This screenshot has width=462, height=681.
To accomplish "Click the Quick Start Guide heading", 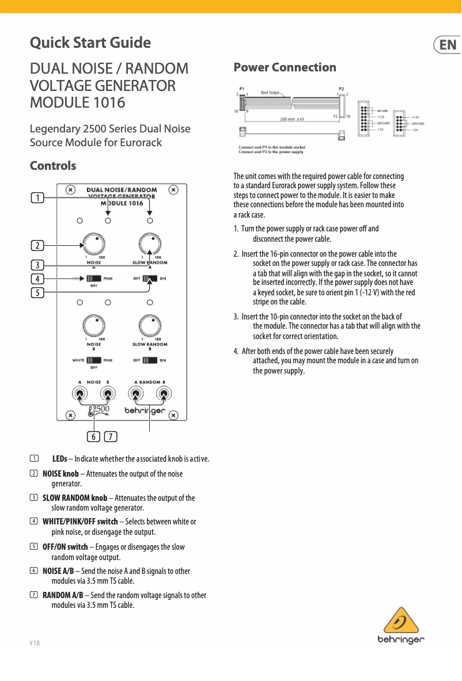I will (x=90, y=43).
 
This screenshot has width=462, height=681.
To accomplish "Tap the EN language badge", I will (x=447, y=45).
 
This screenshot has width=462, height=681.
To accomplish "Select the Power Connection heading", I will (x=285, y=67).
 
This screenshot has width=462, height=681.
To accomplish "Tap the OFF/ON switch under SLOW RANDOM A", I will (x=150, y=279).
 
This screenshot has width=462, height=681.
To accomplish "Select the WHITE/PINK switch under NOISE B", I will (x=93, y=360).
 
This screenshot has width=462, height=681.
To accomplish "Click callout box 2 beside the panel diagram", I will (x=37, y=245).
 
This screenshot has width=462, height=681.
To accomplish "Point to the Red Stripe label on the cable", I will (x=271, y=92).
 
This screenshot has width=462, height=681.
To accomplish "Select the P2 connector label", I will (x=342, y=89).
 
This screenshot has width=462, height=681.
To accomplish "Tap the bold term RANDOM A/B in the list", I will (x=63, y=595).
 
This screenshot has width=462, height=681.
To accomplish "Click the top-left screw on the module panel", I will (x=70, y=189).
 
